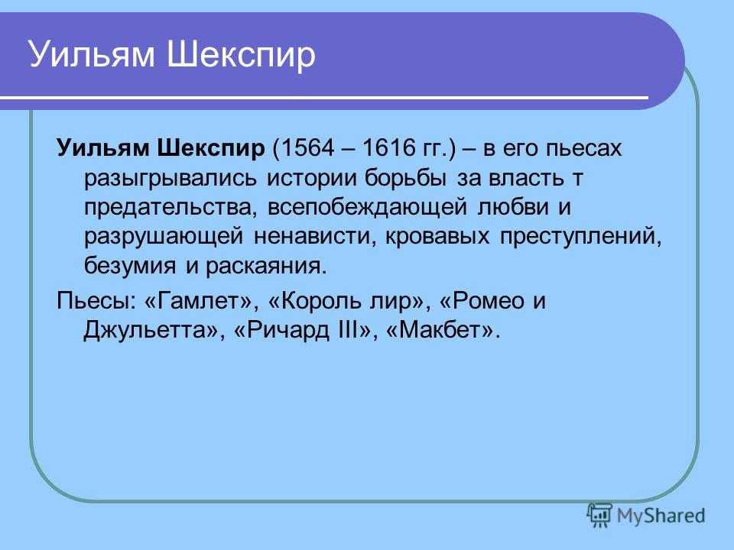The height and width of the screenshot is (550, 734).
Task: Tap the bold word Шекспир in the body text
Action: coord(211,149)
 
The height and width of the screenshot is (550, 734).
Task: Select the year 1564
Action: coord(307,147)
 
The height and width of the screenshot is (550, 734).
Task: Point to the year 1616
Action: coord(389,147)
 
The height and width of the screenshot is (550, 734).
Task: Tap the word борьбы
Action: coord(405,178)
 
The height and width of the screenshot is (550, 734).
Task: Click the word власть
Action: coord(526,178)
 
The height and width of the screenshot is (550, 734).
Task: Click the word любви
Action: coord(513,207)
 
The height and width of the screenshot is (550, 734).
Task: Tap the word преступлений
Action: coord(581,238)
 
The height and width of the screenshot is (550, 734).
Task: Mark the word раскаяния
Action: coord(266,267)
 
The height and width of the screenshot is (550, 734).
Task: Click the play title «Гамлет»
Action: coord(202,301)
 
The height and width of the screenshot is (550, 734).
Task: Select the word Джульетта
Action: coord(146,331)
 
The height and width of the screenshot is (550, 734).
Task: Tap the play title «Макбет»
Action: coord(440,330)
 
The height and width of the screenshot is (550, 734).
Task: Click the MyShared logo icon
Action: coord(600,516)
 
